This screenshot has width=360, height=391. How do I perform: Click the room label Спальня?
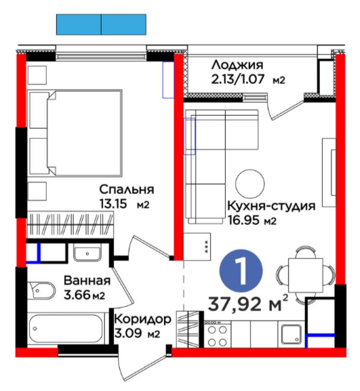127,190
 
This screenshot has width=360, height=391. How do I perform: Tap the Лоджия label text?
237,65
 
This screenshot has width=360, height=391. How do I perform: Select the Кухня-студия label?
271,207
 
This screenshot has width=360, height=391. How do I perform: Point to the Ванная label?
87,281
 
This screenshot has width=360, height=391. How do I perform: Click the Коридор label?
142,319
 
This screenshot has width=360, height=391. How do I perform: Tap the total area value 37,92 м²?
248,304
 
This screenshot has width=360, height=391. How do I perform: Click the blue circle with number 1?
241,271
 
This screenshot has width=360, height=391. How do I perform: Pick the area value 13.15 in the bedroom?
113,204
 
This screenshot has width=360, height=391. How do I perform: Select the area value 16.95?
244,221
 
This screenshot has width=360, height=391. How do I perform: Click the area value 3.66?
77,295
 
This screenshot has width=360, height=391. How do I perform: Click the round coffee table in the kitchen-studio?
249,184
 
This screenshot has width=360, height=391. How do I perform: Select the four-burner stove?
218,334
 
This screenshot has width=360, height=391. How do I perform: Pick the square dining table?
306,275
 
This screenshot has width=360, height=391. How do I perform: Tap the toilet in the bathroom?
41,291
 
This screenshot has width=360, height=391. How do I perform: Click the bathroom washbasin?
87,252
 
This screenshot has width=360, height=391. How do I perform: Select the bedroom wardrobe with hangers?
70,224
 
